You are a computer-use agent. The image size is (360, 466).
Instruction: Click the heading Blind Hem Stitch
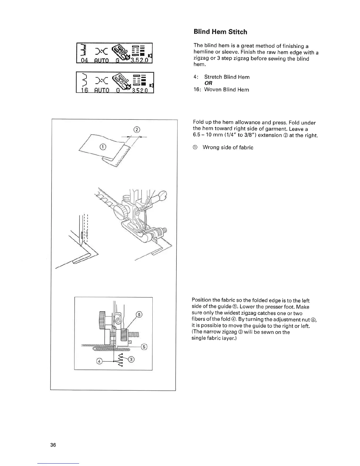[220, 32]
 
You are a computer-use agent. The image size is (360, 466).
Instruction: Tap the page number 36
[53, 445]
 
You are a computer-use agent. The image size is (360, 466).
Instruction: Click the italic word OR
[209, 83]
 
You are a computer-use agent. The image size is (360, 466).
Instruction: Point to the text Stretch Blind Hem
[227, 77]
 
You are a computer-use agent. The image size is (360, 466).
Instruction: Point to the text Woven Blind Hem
[226, 90]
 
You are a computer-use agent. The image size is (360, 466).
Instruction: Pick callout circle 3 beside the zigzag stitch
[131, 359]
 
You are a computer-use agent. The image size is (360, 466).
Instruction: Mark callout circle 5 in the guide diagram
[144, 347]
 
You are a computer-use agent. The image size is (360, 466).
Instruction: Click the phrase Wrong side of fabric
[228, 147]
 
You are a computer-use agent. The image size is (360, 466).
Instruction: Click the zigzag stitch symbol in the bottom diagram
[121, 360]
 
